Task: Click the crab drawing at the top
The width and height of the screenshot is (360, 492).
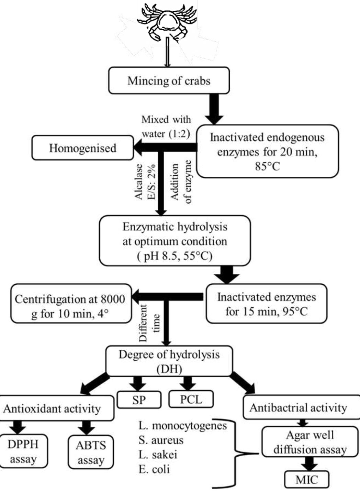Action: point(167,22)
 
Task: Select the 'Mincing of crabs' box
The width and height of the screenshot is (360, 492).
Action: point(169,81)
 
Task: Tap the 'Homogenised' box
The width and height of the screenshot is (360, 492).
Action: point(82,148)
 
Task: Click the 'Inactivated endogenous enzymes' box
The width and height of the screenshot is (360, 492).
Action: point(267,151)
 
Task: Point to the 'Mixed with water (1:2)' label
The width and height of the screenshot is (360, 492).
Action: point(166,127)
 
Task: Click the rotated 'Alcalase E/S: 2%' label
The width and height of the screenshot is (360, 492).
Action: point(145,181)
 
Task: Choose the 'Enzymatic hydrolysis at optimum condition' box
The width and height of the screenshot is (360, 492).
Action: point(175,241)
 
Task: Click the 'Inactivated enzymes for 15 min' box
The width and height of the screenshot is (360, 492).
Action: point(266,304)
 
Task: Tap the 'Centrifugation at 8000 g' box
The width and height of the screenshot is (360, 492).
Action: point(70,304)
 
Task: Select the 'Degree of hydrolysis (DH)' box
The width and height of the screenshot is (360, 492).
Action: point(169,361)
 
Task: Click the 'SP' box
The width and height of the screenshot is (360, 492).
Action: point(139,400)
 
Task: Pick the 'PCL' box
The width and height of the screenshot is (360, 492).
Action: point(191,399)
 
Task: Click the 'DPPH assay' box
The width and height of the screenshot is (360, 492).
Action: point(23,451)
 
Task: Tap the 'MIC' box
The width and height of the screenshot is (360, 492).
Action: point(307,480)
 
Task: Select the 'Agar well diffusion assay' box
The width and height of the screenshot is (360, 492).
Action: point(310,442)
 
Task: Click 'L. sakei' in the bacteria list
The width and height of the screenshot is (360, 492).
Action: point(158,455)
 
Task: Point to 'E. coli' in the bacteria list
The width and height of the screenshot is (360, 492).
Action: point(154,469)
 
